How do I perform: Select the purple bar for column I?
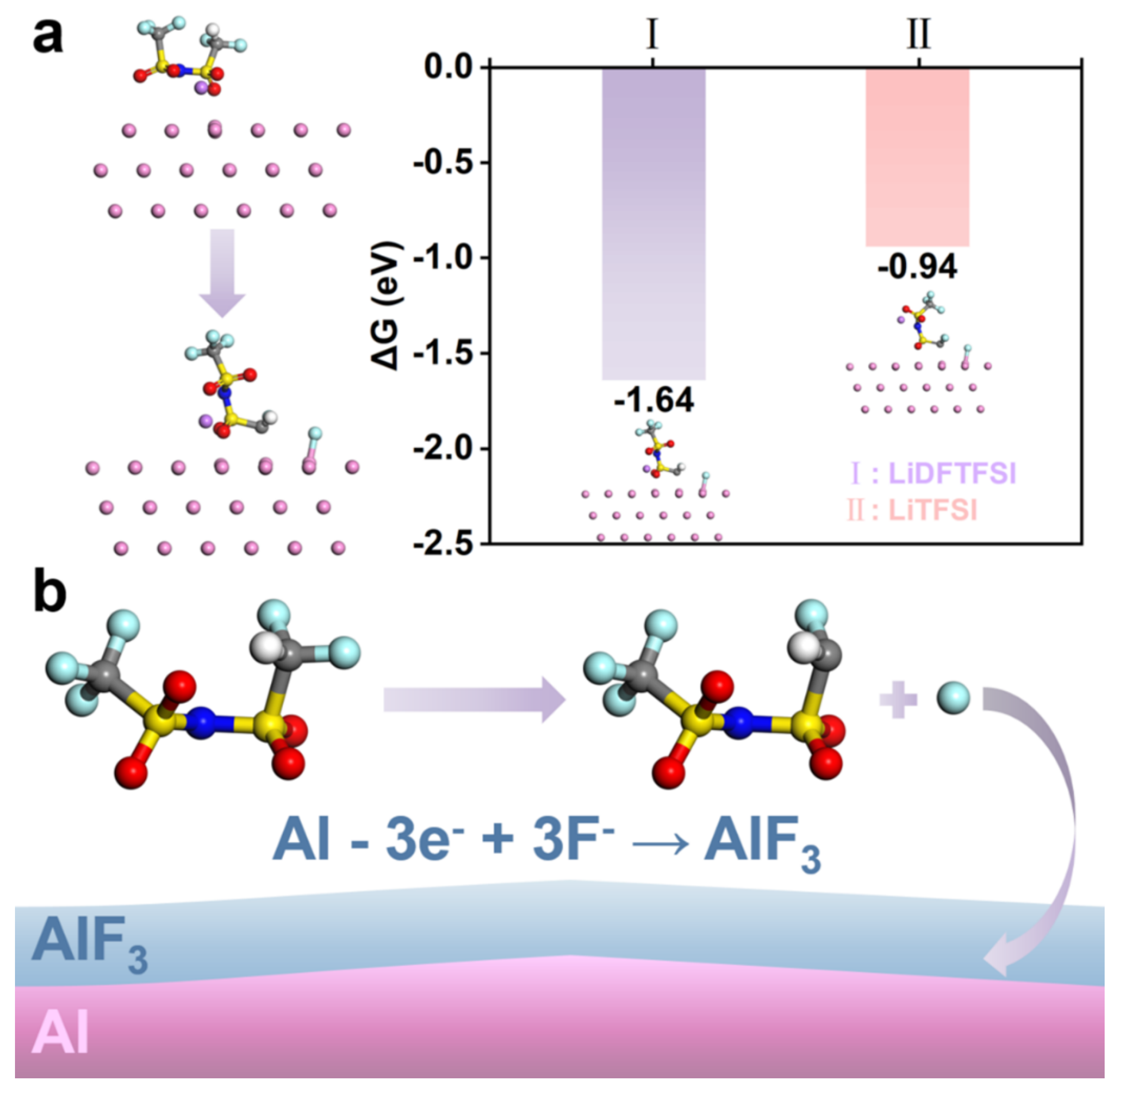[x=653, y=225]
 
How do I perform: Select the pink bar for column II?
[x=917, y=156]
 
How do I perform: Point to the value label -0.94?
[x=917, y=266]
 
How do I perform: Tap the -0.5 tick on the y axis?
[x=443, y=163]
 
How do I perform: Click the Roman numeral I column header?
[x=652, y=35]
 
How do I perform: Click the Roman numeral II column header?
[x=918, y=35]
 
